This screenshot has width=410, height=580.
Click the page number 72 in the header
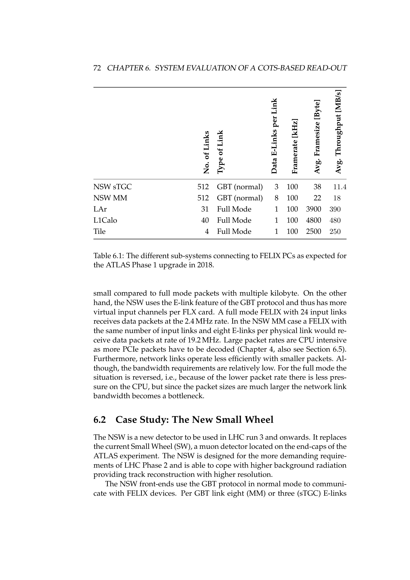[x=97, y=68]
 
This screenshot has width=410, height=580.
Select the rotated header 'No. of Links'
[x=206, y=152]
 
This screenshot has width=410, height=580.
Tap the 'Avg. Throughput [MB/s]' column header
[x=338, y=132]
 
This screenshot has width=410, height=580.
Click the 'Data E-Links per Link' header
[x=274, y=136]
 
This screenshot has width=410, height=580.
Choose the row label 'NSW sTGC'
[x=112, y=187]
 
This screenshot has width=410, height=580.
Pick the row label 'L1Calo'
[x=105, y=220]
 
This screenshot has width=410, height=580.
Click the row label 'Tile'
[x=99, y=231]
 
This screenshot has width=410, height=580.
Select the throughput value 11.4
[x=340, y=187]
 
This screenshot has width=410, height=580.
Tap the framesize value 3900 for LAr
[x=313, y=209]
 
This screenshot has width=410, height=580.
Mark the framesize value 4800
[x=313, y=220]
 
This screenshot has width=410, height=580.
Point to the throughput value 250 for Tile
[x=335, y=231]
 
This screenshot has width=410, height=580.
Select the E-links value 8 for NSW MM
[x=276, y=198]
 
